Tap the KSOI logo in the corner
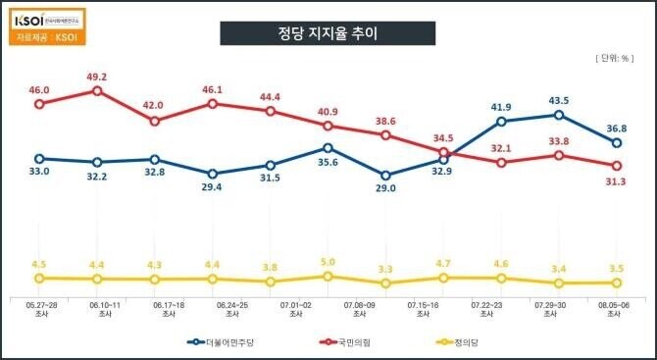(44, 19)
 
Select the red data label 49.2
(97, 75)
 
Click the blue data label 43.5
(558, 100)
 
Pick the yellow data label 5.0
(328, 262)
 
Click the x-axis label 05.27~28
(39, 309)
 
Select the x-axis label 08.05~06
(616, 309)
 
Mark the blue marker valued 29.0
(385, 176)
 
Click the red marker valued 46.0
(39, 103)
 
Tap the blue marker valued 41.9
(501, 122)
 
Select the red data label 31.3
(616, 182)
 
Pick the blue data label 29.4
(212, 188)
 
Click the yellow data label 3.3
(385, 269)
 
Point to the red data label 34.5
(443, 138)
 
